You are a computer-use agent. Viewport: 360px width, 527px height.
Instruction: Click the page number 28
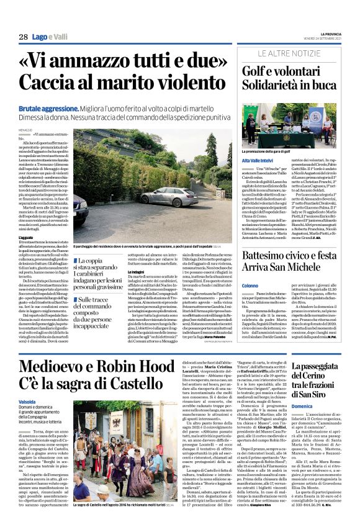point(23,37)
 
